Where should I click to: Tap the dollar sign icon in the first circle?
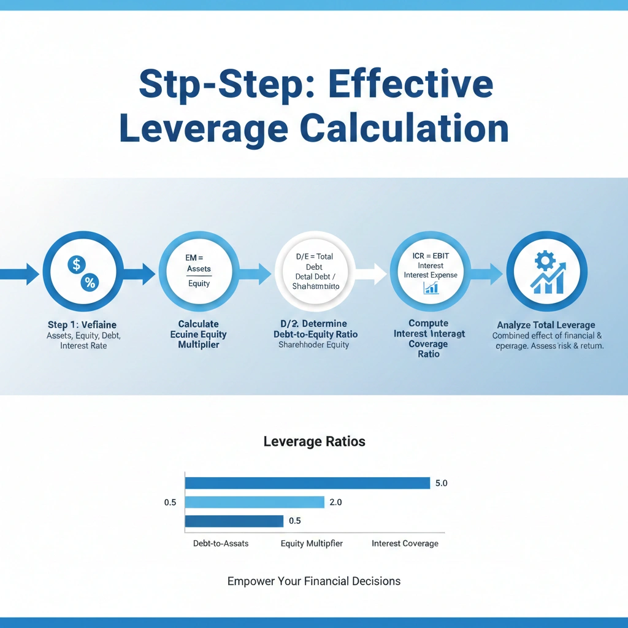pos(77,265)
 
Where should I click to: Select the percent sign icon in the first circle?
pos(90,282)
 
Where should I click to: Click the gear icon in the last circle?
pos(545,262)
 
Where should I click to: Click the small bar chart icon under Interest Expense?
pos(431,288)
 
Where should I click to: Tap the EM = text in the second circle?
pos(198,257)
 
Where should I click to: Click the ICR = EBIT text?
pos(430,255)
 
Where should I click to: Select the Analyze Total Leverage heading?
pos(546,325)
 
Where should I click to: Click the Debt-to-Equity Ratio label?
pos(316,334)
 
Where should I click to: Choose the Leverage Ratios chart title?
pos(314,442)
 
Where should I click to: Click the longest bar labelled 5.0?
pos(307,483)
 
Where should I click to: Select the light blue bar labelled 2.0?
pos(254,502)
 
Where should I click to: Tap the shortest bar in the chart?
pos(234,521)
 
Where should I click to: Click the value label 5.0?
pos(441,483)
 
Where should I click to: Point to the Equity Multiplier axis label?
pos(312,543)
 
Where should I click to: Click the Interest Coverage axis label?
pos(405,543)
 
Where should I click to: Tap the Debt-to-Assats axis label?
pos(221,543)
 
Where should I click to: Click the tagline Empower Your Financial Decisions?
pos(314,581)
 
